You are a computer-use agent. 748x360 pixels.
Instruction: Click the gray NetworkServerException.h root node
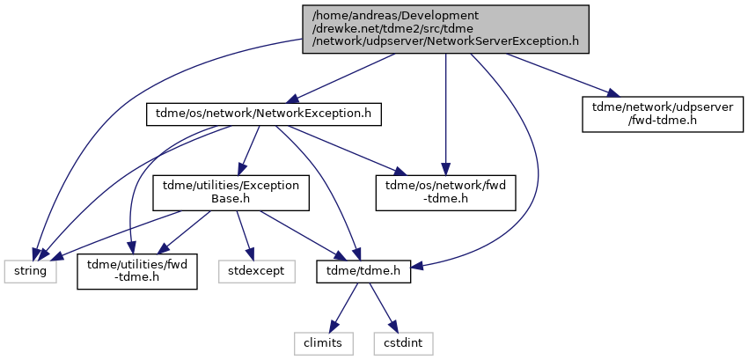[445, 29]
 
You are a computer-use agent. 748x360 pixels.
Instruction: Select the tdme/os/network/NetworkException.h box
[264, 114]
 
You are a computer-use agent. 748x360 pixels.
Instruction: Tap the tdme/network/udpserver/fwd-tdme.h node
[663, 114]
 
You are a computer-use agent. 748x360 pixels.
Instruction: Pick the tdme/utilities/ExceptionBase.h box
[231, 193]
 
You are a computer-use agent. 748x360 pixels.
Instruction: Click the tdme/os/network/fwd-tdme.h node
[445, 193]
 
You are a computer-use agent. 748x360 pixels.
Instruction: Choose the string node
[31, 271]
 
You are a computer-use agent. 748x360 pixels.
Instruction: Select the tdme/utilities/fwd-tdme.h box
[137, 271]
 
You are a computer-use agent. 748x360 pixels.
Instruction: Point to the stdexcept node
[257, 271]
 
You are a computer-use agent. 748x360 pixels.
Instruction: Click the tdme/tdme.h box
[363, 271]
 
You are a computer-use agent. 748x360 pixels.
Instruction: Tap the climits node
[324, 343]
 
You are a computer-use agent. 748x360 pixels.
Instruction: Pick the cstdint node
[404, 343]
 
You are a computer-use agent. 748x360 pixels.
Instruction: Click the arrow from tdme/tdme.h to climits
[344, 307]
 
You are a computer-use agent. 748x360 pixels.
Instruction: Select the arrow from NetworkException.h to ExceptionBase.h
[249, 151]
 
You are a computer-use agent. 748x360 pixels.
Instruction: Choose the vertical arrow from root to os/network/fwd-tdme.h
[445, 114]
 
